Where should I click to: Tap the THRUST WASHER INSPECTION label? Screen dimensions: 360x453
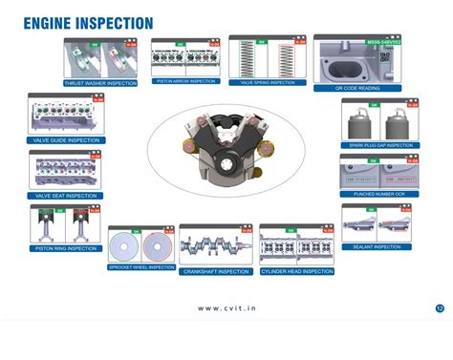98,83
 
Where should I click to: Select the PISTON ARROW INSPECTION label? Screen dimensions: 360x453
185,81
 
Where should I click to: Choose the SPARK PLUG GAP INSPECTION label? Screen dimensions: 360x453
378,145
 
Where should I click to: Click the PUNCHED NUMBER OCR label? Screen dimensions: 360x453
378,194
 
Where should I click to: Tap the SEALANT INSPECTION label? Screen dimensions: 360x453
377,247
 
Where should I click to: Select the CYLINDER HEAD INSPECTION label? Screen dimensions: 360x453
297,271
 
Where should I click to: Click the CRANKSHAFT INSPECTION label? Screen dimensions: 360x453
217,271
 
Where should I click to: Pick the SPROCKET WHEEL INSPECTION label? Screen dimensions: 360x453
140,267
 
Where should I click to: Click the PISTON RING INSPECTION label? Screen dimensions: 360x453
65,248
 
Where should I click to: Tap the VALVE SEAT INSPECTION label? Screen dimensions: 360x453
66,196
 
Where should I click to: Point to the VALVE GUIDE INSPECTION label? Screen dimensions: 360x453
66,140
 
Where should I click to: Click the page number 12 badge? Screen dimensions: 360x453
439,308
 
